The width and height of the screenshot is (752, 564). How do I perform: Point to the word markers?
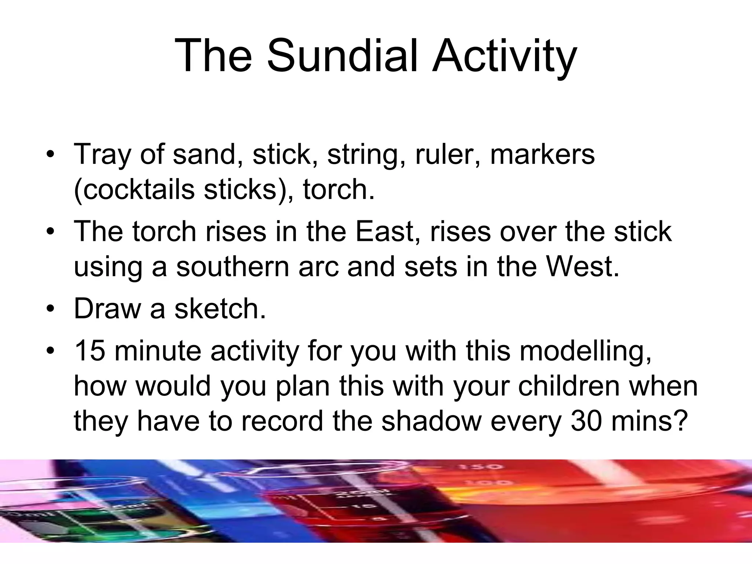pos(542,154)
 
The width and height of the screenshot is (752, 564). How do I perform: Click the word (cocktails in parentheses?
pos(134,189)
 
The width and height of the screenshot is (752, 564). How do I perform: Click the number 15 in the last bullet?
pos(90,350)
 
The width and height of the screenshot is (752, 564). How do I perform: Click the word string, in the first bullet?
pos(367,154)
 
